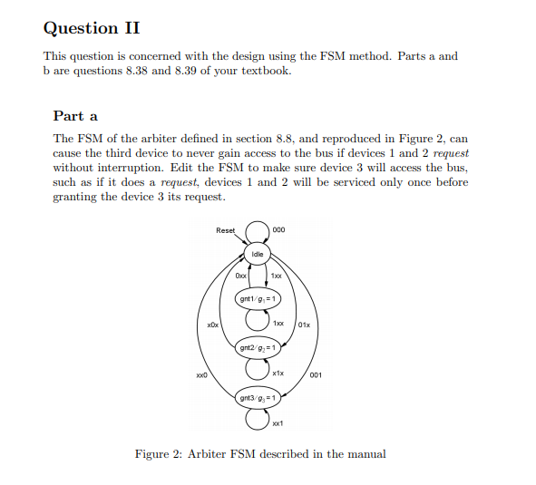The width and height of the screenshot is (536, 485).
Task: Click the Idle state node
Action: (258, 255)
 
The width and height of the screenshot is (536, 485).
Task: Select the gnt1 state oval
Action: (258, 297)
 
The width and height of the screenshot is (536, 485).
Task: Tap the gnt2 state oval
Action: (258, 347)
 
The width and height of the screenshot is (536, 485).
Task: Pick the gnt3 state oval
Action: (258, 397)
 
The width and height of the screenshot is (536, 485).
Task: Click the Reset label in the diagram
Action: (225, 230)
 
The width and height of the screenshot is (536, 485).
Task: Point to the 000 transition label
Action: (278, 230)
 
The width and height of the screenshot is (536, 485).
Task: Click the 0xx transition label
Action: (240, 275)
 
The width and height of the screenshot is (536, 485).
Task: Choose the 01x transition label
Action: (304, 325)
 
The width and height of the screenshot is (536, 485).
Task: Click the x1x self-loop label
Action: (278, 373)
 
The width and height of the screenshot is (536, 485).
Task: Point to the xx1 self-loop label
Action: (278, 422)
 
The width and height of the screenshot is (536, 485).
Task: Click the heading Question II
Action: (92, 28)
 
